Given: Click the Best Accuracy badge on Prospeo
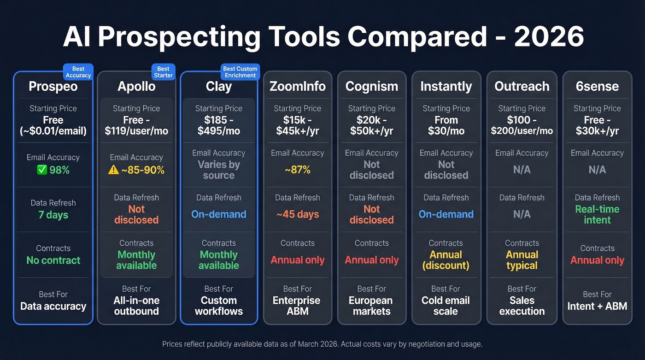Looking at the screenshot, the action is [x=78, y=72].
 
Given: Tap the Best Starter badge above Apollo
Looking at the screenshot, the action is [x=163, y=72].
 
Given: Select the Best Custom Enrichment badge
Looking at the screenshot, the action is [x=240, y=72].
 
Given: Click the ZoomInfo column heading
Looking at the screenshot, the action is [x=297, y=86].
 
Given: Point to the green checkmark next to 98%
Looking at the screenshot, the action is [x=42, y=170].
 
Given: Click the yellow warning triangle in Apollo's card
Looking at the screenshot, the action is [x=113, y=170].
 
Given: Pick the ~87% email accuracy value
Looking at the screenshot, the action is [x=297, y=169].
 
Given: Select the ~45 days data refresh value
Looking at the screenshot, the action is [x=297, y=214].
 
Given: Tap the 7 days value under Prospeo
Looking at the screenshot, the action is [x=53, y=215].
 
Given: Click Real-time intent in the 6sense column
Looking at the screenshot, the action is [x=597, y=214].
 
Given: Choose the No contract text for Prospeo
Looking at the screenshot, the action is [x=53, y=260].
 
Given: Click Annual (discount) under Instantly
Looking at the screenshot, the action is [x=446, y=260].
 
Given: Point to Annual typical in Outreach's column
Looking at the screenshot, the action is [x=522, y=260].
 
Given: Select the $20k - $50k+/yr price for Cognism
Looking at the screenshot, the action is [x=371, y=125].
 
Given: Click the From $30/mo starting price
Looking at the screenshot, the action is [x=446, y=125].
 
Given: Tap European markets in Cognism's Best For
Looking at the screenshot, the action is [x=371, y=306].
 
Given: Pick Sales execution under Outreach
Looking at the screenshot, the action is [x=522, y=306].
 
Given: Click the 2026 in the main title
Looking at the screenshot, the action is [x=549, y=36].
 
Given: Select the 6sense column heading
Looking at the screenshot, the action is [x=597, y=86].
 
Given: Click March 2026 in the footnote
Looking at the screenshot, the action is [x=318, y=344].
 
